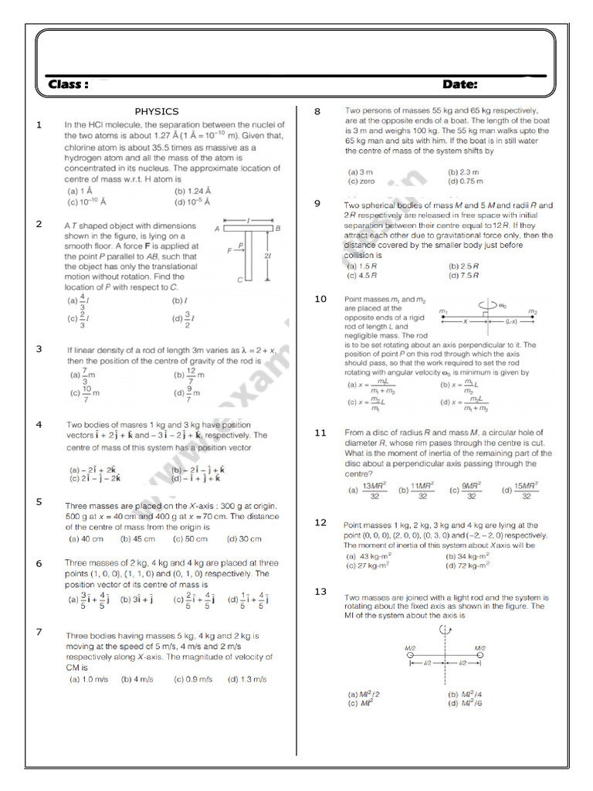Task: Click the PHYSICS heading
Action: (157, 111)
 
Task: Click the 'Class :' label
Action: (68, 84)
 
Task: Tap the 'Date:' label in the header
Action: (459, 84)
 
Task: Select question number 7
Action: (39, 632)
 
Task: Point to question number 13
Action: (320, 591)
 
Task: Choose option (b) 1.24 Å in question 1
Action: (194, 191)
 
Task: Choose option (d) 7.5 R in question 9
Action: (464, 275)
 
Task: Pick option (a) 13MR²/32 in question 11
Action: (367, 489)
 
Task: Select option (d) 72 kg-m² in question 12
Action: (468, 565)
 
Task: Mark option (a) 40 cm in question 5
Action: (86, 539)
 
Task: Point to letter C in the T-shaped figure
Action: (239, 280)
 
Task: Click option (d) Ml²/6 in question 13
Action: (466, 703)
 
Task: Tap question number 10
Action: (320, 299)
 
